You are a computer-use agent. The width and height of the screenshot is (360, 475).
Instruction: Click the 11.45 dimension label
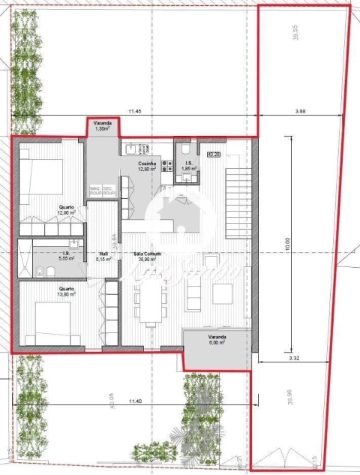point(134,111)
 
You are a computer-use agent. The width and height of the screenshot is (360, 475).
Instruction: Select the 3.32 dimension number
point(292,361)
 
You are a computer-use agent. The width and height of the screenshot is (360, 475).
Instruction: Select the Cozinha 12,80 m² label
point(147,167)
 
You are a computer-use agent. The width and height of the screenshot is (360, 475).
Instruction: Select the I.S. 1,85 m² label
point(190,166)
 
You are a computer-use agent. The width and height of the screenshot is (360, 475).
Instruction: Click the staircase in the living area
point(238,192)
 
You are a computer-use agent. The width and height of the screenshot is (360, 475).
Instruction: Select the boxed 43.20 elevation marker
point(214,155)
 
